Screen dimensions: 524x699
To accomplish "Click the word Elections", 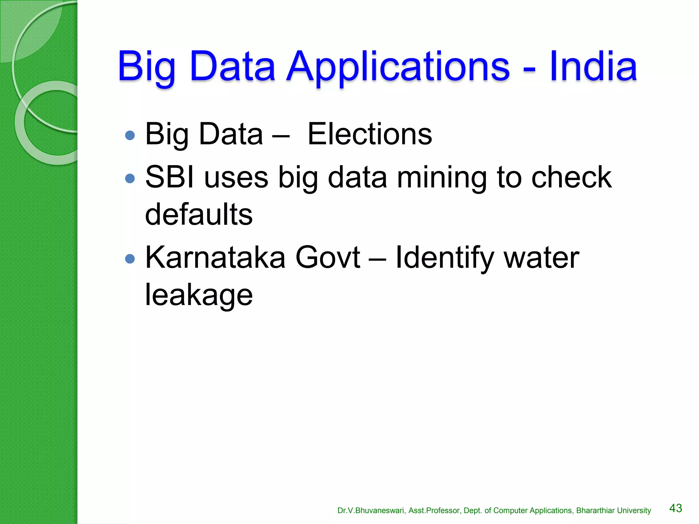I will (370, 134).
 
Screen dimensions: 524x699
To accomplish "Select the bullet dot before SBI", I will (130, 178).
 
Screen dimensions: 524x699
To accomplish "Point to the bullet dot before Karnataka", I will (130, 259).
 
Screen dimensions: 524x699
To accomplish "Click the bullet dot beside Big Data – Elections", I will (130, 135).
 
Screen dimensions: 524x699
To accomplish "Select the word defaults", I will (199, 214).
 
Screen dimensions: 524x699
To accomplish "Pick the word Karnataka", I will (215, 257).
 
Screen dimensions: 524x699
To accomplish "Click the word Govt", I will (328, 257).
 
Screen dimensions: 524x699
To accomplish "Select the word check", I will (571, 177).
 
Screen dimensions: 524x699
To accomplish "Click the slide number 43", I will (675, 508).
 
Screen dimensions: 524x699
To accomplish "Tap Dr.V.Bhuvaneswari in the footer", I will (371, 510).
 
